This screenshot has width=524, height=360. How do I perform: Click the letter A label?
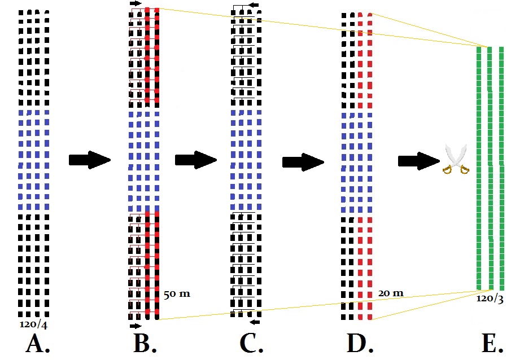[37, 343]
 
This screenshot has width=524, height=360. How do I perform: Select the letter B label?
[145, 343]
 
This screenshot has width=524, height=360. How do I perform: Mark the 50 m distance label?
[176, 294]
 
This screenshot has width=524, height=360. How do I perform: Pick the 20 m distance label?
[391, 293]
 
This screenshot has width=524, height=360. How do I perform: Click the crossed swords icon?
[456, 160]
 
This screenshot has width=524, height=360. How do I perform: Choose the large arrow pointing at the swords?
[418, 161]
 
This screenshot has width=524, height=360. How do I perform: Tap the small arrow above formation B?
[136, 3]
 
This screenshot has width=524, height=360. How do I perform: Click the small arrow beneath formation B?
[136, 326]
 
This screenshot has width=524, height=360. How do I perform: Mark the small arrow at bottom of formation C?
[255, 322]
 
